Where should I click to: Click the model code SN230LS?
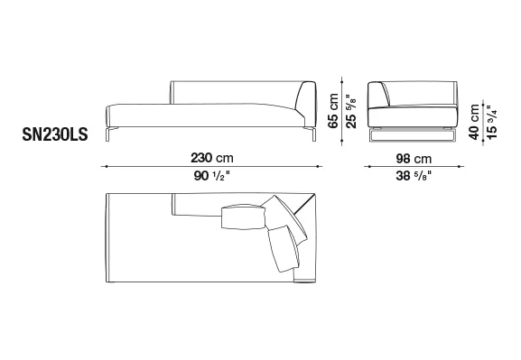[x=55, y=134]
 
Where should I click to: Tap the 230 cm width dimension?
[x=212, y=158]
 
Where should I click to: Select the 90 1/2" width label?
[x=212, y=176]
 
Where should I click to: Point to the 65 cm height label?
[x=333, y=111]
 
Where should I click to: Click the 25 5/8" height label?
[x=351, y=111]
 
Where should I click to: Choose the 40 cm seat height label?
[x=474, y=122]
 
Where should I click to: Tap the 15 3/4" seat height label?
[x=491, y=122]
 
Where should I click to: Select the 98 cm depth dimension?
[x=414, y=159]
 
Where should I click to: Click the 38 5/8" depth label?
[x=414, y=176]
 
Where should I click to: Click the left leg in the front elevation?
[x=108, y=134]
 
